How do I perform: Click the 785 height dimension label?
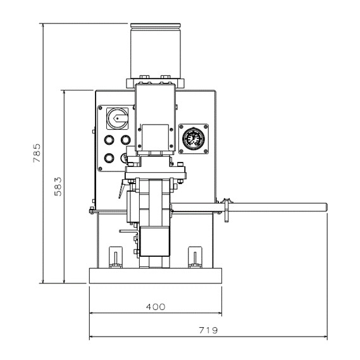[x=37, y=153]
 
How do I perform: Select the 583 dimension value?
[x=58, y=187]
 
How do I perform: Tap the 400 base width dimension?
[x=156, y=307]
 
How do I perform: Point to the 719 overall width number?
[x=208, y=330]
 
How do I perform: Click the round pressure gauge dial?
[x=194, y=139]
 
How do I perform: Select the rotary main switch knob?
[x=117, y=118]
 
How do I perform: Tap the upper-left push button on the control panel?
[x=109, y=140]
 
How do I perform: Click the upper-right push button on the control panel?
[x=125, y=140]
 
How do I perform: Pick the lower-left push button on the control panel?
[x=109, y=158]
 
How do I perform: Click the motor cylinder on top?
[x=156, y=51]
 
